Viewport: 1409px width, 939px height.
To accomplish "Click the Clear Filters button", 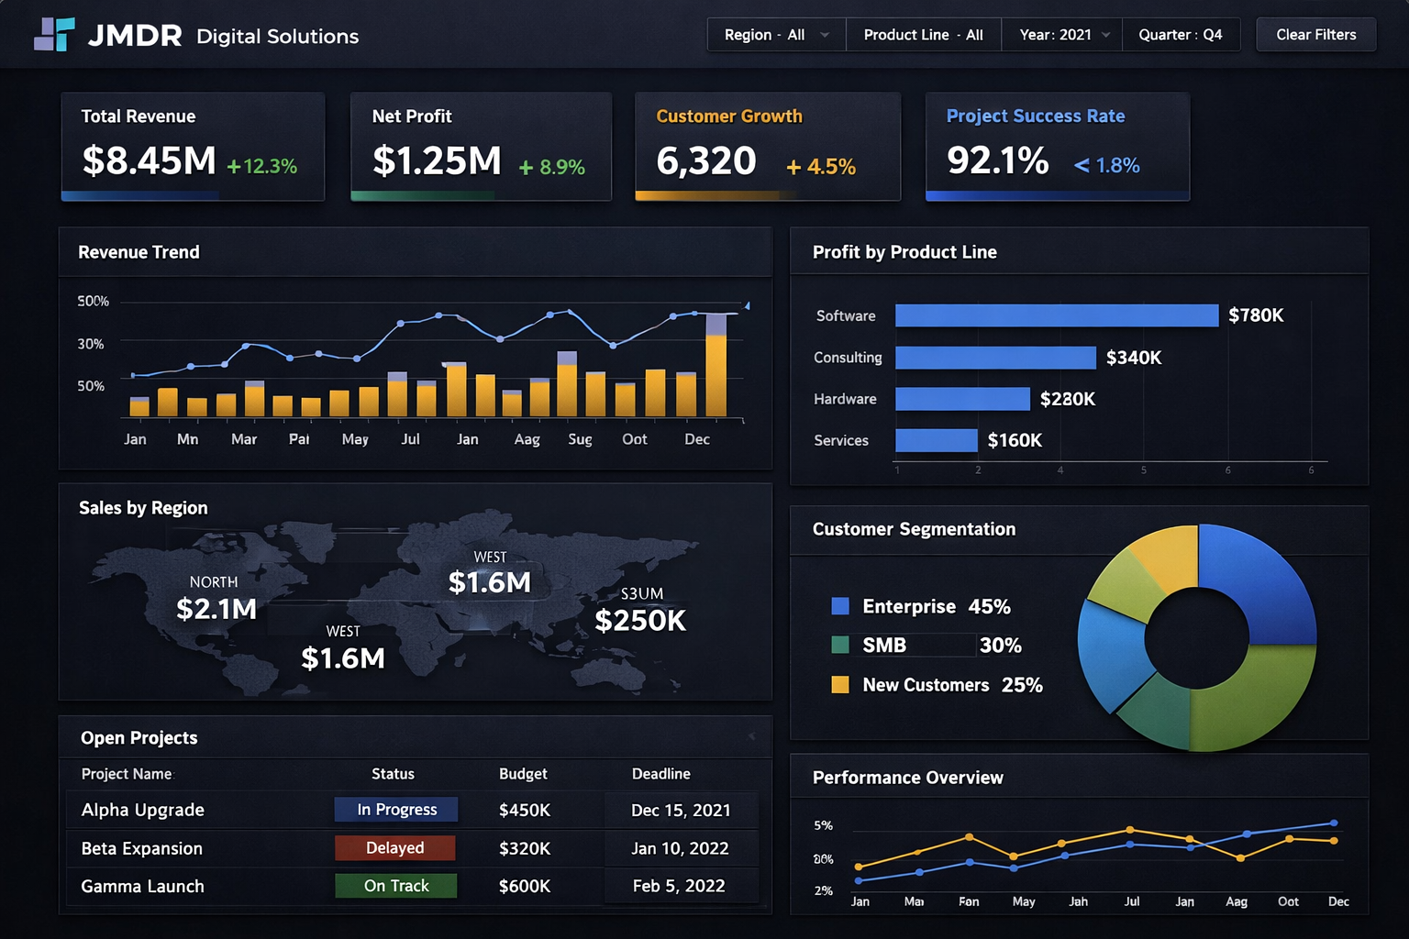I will click(x=1315, y=35).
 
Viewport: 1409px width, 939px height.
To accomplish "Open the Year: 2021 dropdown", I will click(x=1062, y=35).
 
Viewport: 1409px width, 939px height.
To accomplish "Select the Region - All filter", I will click(x=775, y=35).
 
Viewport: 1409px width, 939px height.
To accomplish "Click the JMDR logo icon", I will click(x=54, y=35).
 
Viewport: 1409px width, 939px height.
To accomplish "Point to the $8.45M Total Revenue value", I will click(x=149, y=161).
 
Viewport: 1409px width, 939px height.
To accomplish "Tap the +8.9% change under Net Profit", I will click(x=551, y=167).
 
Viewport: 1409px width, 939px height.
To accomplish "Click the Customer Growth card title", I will click(x=728, y=116).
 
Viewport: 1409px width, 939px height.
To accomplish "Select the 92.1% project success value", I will click(x=997, y=161).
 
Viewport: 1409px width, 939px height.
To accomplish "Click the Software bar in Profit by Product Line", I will click(x=1056, y=315).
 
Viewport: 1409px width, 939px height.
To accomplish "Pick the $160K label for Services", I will click(x=1015, y=440).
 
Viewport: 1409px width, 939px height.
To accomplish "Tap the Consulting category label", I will click(x=848, y=358).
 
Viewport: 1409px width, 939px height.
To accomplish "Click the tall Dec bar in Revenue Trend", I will click(x=716, y=367).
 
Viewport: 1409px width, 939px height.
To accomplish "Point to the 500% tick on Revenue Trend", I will click(x=93, y=302).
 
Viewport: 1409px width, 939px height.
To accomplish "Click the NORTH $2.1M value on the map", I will click(x=216, y=609).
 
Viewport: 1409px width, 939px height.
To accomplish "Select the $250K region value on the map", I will click(x=640, y=621).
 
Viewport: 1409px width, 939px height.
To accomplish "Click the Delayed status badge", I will click(x=394, y=848).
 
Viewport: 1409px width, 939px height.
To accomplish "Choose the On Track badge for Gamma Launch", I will click(x=395, y=886).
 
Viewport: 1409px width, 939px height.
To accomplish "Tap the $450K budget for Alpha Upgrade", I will click(x=524, y=810).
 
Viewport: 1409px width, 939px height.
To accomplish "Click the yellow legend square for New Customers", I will click(x=839, y=685).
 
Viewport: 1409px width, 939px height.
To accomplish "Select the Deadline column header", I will click(x=660, y=774).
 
